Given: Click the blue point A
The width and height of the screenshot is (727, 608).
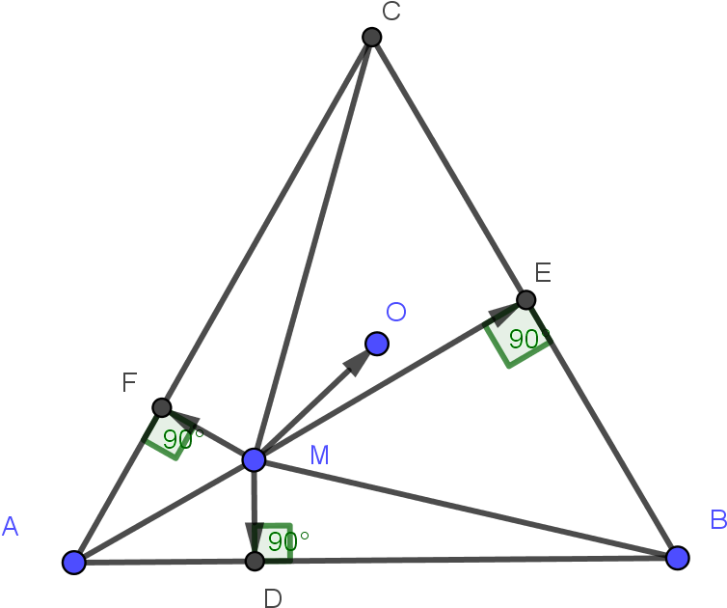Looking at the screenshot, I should pyautogui.click(x=74, y=563).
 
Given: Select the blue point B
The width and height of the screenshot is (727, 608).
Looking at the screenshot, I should pyautogui.click(x=678, y=558).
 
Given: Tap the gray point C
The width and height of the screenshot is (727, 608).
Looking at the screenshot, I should pyautogui.click(x=372, y=37).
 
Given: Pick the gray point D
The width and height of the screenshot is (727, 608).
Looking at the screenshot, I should pyautogui.click(x=255, y=561).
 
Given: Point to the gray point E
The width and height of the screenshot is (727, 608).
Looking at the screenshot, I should pyautogui.click(x=525, y=300).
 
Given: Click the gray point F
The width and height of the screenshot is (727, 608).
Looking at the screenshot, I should pyautogui.click(x=162, y=407).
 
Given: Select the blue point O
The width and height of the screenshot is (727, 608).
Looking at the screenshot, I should pyautogui.click(x=377, y=344).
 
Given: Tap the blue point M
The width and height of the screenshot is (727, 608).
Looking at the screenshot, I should pyautogui.click(x=254, y=459).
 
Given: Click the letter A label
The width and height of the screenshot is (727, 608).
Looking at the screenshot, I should pyautogui.click(x=11, y=527).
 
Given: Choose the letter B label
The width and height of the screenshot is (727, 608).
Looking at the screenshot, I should pyautogui.click(x=718, y=520).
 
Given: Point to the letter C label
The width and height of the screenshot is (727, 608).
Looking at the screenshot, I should pyautogui.click(x=390, y=12).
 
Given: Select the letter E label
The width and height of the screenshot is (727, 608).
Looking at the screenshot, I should pyautogui.click(x=543, y=273).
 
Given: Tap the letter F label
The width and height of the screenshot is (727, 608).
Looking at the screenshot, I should pyautogui.click(x=129, y=383).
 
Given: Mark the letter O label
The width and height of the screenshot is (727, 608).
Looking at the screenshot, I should pyautogui.click(x=396, y=313).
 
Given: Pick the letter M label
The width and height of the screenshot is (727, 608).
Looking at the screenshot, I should pyautogui.click(x=320, y=456).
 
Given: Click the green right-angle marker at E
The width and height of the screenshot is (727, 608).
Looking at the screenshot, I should pyautogui.click(x=517, y=336).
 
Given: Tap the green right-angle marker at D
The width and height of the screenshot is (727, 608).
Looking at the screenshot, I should pyautogui.click(x=273, y=541).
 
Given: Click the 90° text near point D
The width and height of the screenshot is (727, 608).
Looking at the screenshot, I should pyautogui.click(x=287, y=540).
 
